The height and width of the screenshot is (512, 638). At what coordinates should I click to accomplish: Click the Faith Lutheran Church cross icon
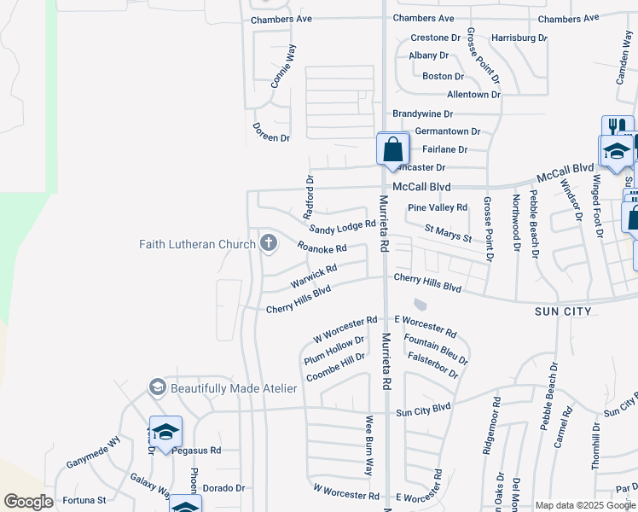[x=269, y=244]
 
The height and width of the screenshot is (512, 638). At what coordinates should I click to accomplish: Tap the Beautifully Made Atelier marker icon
[x=157, y=388]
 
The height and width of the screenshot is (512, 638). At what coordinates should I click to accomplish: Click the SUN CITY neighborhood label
[x=563, y=311]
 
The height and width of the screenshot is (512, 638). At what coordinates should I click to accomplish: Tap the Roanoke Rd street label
[x=322, y=248]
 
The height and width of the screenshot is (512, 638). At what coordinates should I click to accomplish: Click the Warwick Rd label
[x=314, y=276]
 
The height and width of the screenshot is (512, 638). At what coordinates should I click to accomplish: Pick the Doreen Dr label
[x=271, y=131]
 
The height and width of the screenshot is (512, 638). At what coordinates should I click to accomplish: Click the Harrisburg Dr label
[x=519, y=38]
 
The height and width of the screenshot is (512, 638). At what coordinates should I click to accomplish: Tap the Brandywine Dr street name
[x=422, y=113]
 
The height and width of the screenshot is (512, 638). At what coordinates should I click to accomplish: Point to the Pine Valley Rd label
[x=438, y=207]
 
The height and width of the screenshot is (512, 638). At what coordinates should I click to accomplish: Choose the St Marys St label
[x=448, y=233]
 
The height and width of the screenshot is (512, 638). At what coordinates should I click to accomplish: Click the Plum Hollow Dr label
[x=334, y=351]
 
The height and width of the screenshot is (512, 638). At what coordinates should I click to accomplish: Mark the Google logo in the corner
[x=28, y=502]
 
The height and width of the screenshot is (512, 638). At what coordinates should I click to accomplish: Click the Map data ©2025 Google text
[x=585, y=505]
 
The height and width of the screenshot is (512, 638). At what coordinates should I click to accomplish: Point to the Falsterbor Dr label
[x=433, y=365]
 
